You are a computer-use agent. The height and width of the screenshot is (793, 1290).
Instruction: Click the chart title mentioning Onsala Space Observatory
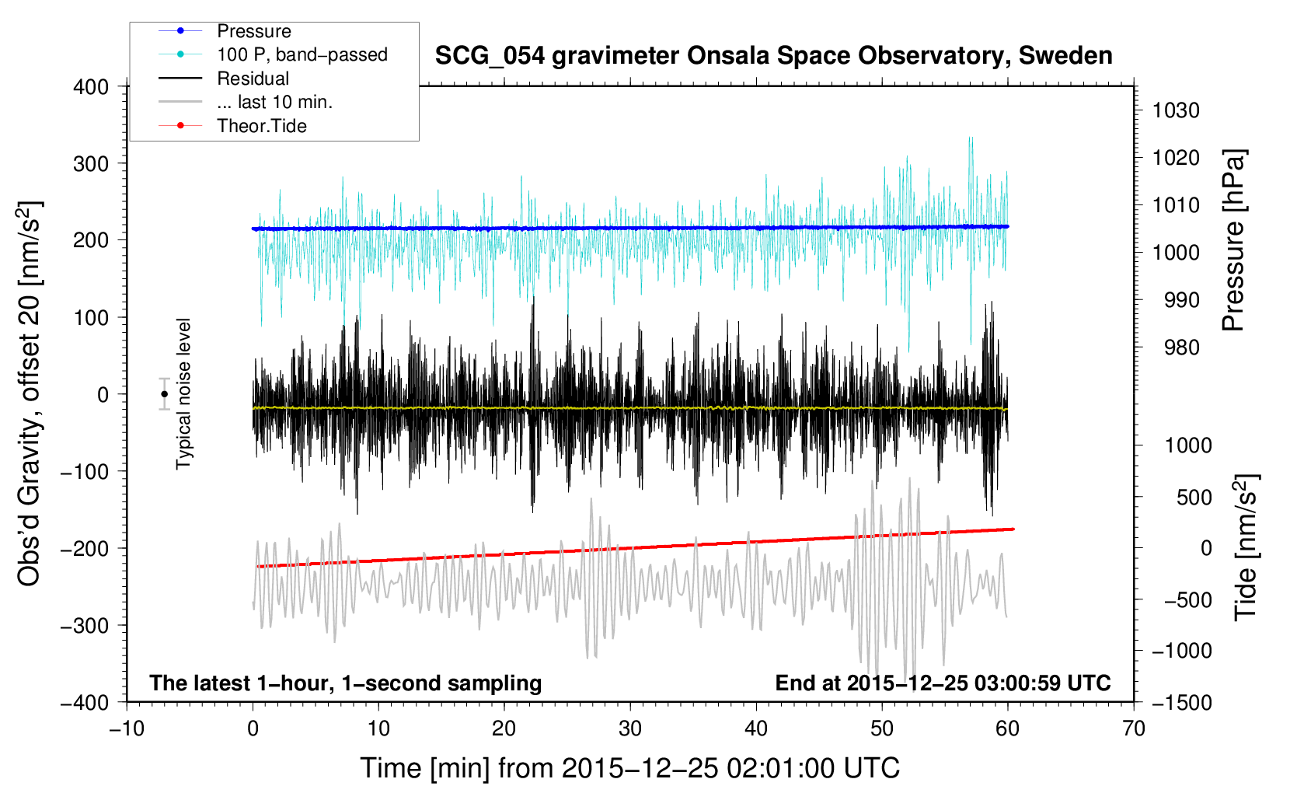[773, 56]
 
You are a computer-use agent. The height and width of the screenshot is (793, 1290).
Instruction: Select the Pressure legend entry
[253, 31]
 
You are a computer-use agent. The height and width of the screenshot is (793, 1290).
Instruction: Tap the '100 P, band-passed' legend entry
[302, 55]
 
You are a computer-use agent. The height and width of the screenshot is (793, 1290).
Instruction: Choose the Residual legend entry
[253, 79]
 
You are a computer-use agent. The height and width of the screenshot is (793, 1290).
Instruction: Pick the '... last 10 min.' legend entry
[274, 102]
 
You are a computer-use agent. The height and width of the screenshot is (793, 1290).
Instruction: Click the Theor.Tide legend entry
[261, 126]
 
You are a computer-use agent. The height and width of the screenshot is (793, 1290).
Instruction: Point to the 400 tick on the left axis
[91, 87]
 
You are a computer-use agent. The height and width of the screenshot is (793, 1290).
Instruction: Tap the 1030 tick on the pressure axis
[1176, 111]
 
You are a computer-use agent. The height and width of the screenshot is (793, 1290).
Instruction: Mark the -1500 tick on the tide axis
[1182, 703]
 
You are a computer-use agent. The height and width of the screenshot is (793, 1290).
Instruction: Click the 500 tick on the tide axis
[1194, 498]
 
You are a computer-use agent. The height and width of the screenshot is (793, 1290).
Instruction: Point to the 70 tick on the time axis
[1134, 729]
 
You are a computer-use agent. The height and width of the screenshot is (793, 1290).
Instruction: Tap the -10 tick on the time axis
[127, 729]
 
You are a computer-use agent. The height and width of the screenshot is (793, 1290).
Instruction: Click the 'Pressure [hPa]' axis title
[1234, 240]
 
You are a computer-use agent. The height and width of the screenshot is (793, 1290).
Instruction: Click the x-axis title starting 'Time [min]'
[629, 768]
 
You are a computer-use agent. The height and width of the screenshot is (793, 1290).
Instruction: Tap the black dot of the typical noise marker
[164, 394]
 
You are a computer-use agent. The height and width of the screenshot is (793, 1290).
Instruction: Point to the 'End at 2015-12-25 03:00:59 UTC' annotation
[943, 683]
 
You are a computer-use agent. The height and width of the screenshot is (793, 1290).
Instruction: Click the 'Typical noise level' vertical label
[183, 394]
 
